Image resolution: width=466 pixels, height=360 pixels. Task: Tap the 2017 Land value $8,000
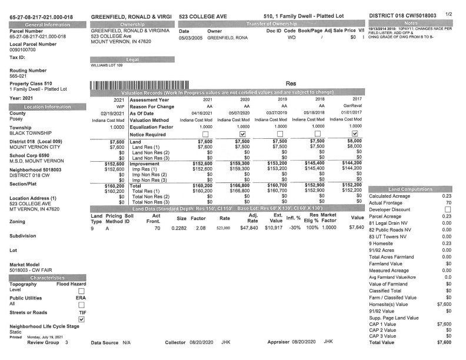337,142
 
